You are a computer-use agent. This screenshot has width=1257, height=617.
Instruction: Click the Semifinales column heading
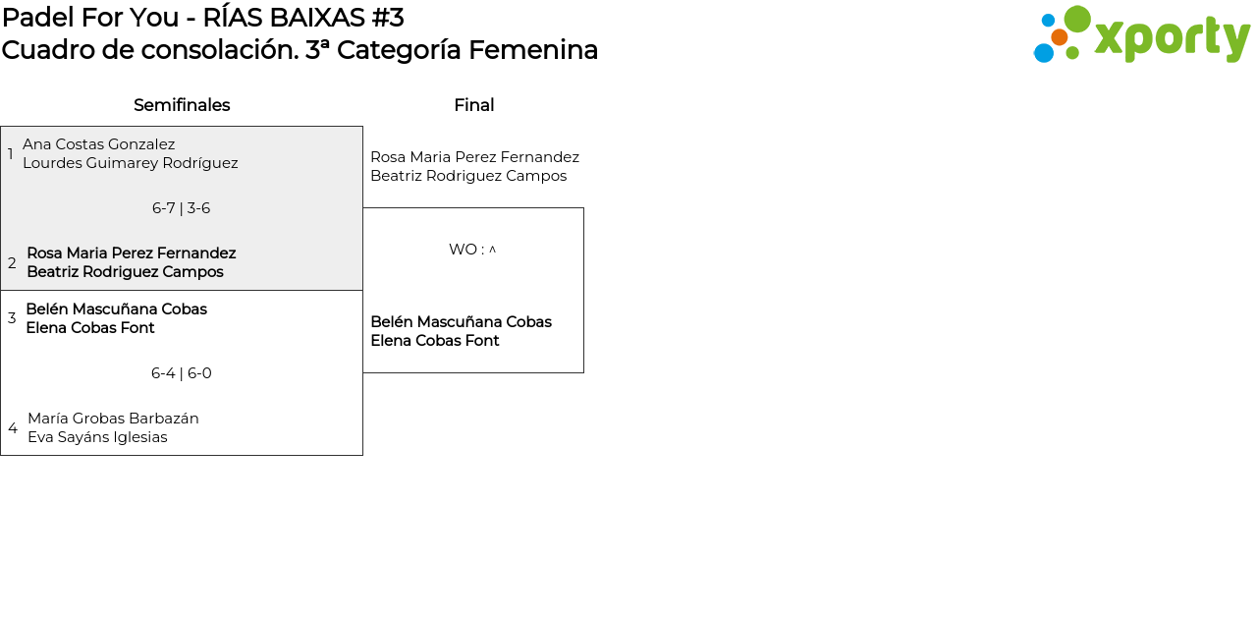point(182,105)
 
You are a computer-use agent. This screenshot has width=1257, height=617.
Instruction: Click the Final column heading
point(473,105)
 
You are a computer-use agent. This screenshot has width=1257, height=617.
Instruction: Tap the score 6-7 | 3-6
point(181,208)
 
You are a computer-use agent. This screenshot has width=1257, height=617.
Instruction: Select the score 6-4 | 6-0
point(181,373)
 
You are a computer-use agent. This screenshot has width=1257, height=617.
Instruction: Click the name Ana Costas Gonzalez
point(98,144)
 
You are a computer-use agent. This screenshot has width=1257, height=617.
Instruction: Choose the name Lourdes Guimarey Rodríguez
point(130,163)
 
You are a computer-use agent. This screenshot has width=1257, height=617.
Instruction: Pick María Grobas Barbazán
point(113,419)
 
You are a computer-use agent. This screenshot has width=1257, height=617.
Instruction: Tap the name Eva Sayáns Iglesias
point(97,437)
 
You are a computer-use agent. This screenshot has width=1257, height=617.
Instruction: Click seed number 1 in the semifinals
point(11,154)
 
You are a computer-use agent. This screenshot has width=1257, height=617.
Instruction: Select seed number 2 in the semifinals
point(12,263)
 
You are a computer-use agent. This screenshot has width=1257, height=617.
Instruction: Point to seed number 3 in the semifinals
point(12,318)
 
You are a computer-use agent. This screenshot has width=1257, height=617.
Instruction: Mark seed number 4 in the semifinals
point(13,428)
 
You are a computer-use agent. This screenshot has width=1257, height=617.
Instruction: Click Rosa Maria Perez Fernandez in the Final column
point(474,157)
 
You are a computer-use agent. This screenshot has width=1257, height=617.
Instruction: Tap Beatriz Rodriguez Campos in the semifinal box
point(125,272)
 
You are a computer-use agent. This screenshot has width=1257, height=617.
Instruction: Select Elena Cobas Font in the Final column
point(434,341)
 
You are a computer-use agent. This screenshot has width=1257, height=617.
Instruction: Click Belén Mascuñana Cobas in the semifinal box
point(116,309)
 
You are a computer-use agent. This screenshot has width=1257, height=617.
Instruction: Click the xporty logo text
point(1172,39)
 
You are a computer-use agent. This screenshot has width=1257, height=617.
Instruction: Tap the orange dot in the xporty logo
point(1060,37)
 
